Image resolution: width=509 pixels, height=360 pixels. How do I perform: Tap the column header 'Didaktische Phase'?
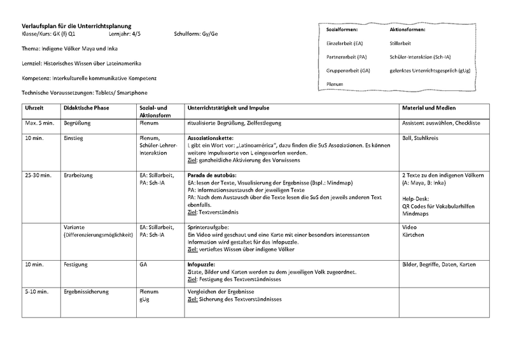86,107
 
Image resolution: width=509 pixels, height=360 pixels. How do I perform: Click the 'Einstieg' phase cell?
74,137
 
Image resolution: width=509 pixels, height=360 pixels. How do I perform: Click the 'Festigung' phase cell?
76,263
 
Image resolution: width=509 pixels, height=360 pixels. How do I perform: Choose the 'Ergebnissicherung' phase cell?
86,291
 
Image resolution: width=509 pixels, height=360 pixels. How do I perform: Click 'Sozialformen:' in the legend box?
342,29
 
